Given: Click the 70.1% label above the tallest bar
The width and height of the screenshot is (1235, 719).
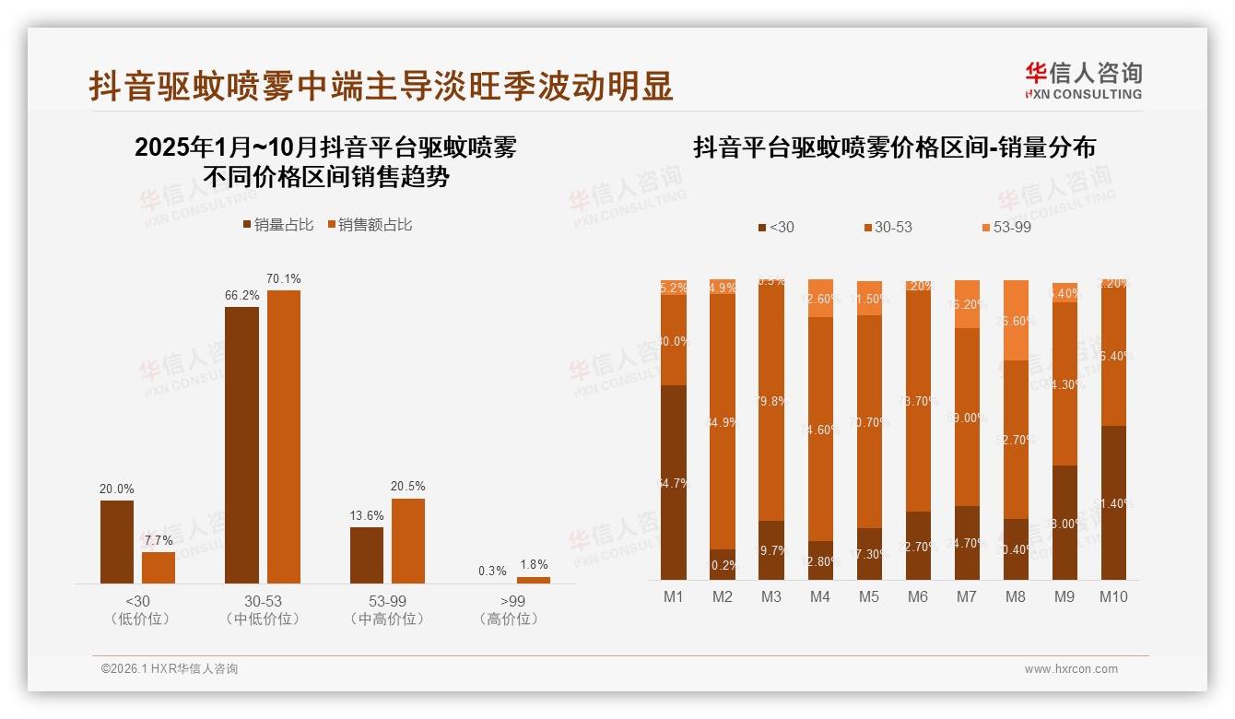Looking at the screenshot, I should [x=284, y=279].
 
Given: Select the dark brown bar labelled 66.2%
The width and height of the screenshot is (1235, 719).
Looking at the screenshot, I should [x=241, y=444].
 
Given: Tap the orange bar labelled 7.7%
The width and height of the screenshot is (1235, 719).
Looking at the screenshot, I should [x=159, y=567].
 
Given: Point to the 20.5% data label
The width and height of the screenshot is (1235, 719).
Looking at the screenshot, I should [x=408, y=487].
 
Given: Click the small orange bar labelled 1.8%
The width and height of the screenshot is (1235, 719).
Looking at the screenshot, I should [x=533, y=580].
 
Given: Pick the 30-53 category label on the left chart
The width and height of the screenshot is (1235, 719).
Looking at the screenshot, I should [x=263, y=601].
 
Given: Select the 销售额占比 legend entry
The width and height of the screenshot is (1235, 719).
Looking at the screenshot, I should [x=370, y=225].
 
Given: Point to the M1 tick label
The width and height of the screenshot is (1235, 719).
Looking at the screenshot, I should [x=674, y=597].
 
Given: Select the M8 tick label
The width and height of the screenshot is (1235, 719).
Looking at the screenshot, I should [x=1015, y=597].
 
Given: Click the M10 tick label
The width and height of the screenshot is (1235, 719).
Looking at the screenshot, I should [x=1112, y=597].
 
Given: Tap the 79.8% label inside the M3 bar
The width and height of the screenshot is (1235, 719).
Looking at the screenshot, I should [x=771, y=401].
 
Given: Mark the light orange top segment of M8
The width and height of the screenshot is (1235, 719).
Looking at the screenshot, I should [x=1015, y=320].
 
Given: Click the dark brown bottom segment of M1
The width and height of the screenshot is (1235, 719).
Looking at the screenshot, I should [x=674, y=482].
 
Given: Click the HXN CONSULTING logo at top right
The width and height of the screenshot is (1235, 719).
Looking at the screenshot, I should [x=1083, y=81].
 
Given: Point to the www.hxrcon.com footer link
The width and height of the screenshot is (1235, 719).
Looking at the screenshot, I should [x=1071, y=669].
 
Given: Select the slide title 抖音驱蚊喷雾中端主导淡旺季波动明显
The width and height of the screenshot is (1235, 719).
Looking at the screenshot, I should [x=381, y=87].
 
